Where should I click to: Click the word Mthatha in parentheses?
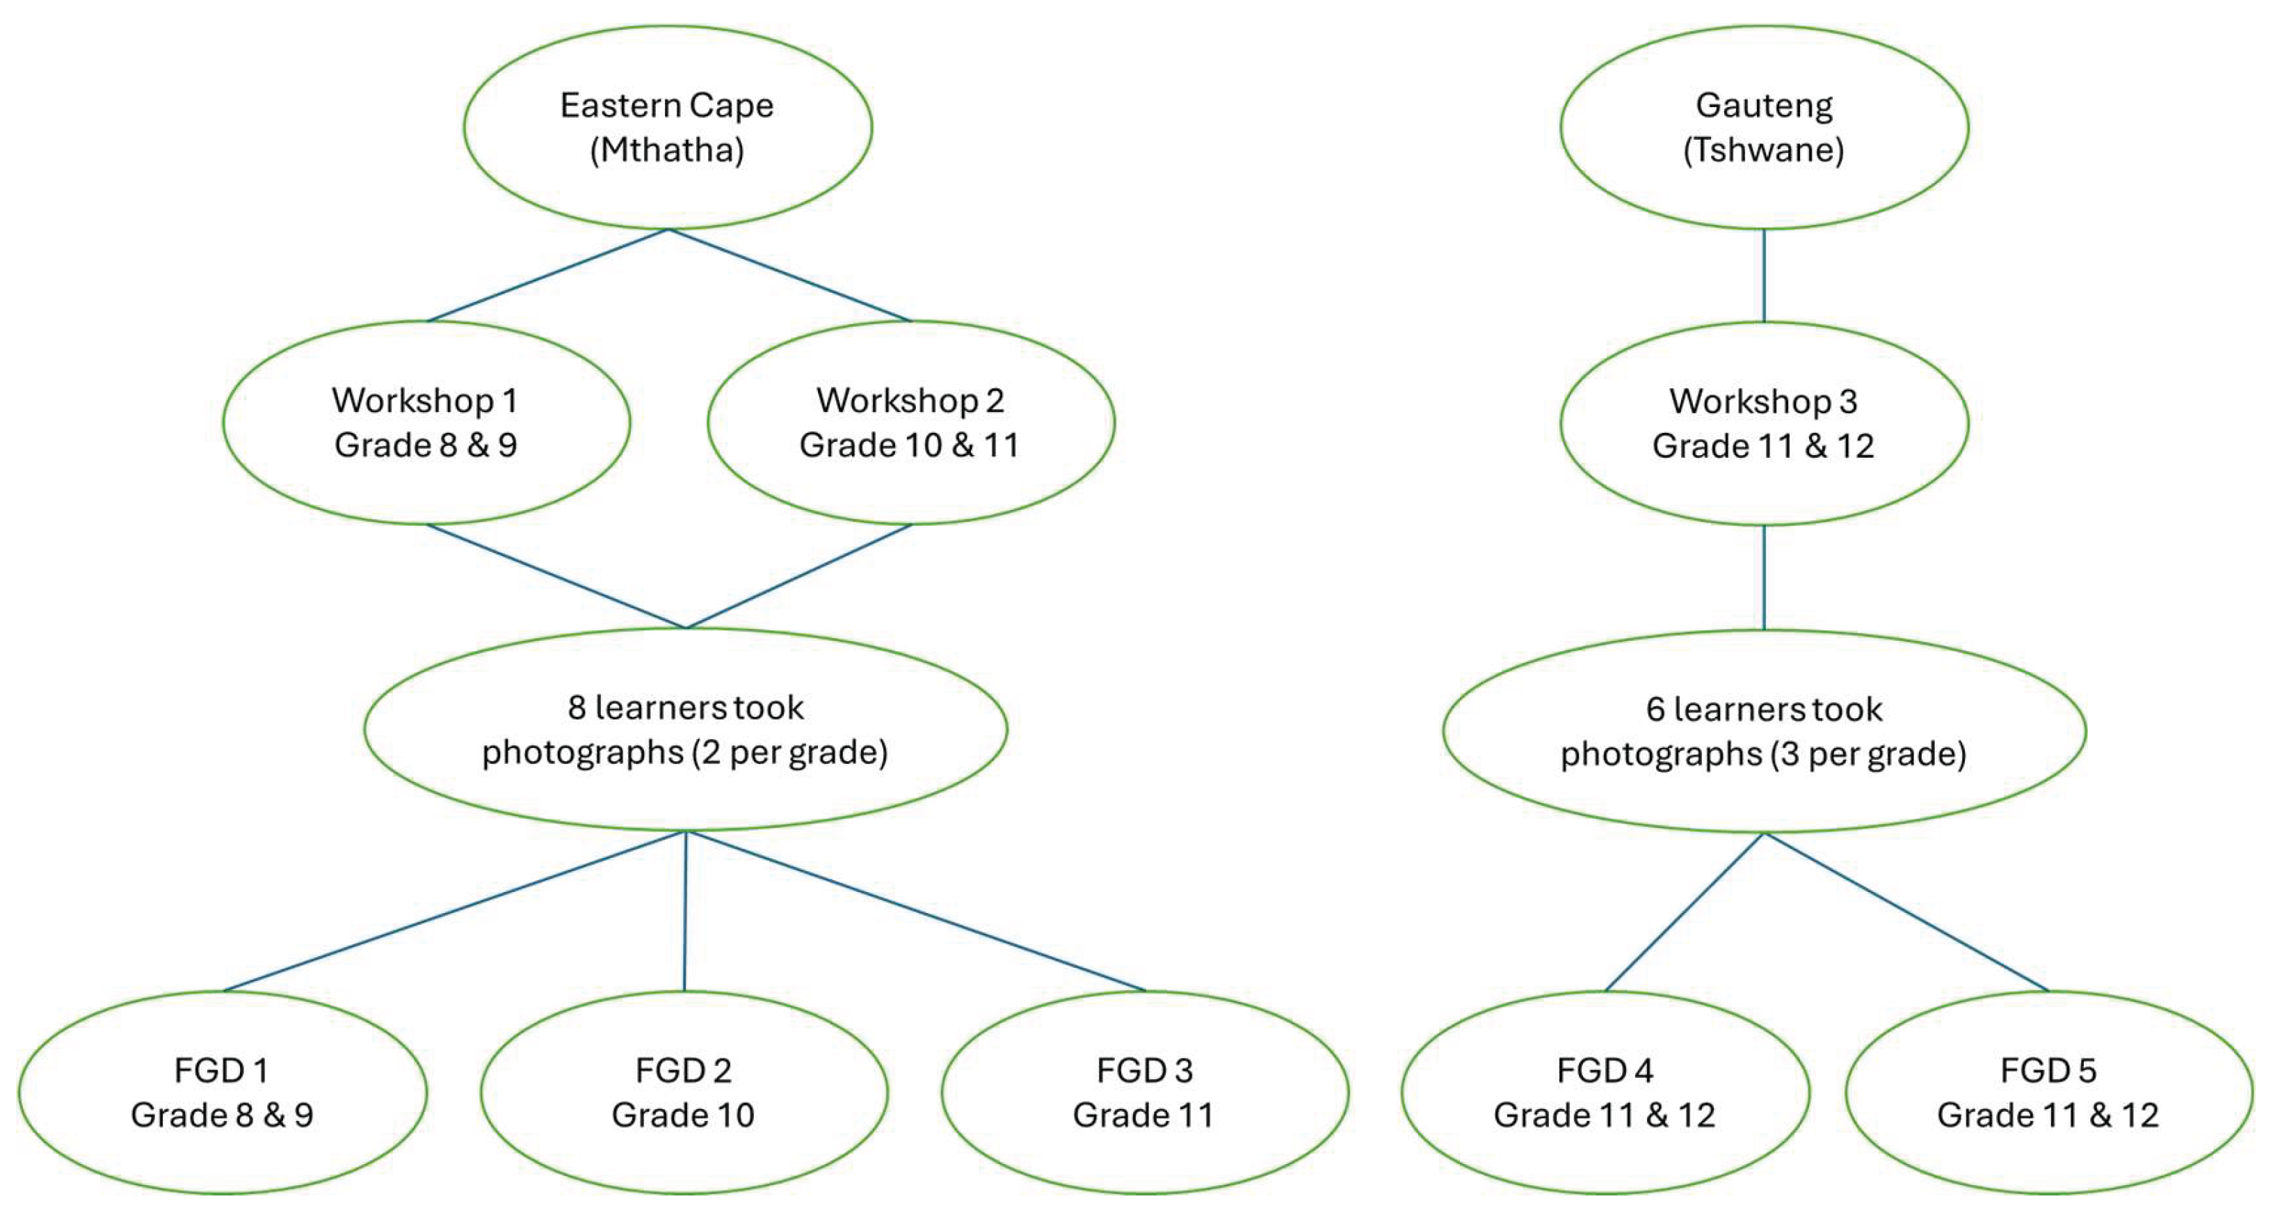[667, 150]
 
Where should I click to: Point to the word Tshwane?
[1764, 150]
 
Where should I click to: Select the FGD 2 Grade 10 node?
[684, 1092]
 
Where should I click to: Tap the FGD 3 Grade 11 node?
[1144, 1092]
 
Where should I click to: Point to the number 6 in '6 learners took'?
[1655, 710]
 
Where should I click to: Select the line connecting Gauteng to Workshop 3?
[1764, 276]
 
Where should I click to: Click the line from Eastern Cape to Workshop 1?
[547, 276]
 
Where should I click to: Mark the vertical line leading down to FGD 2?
[684, 911]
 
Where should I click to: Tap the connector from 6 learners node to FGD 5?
[1906, 912]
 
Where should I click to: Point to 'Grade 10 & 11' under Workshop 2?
[910, 445]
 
